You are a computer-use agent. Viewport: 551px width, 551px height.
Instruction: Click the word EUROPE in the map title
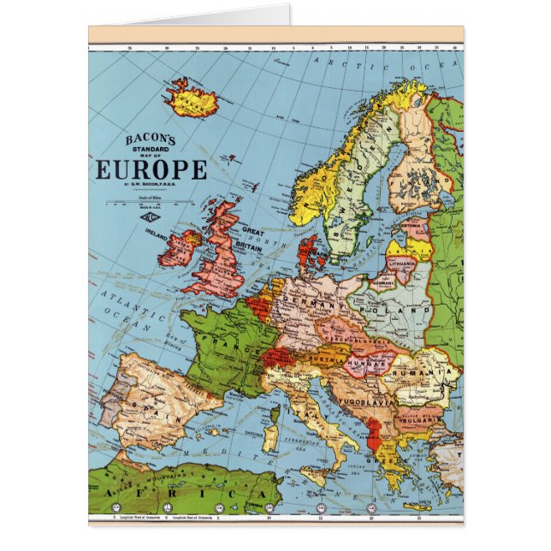coord(151,169)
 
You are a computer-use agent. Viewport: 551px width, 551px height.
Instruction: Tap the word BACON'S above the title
coord(151,139)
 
